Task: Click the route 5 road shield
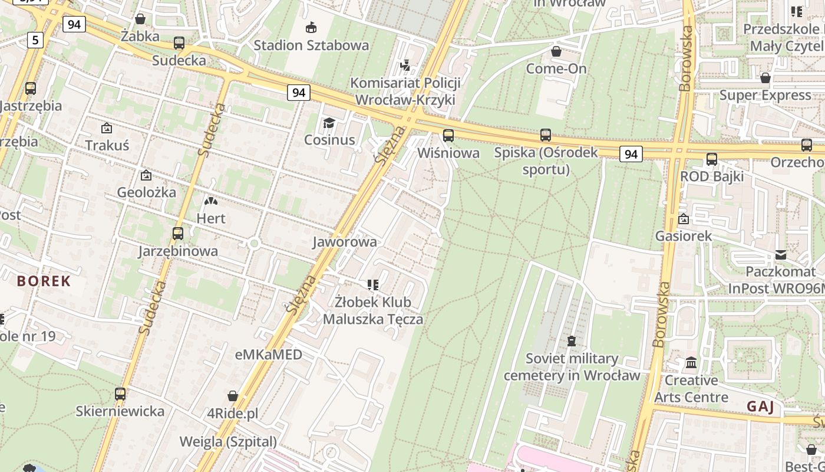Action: click(x=36, y=40)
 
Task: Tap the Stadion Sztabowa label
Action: click(x=311, y=45)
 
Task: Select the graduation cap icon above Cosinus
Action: click(x=329, y=123)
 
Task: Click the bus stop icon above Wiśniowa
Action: click(x=448, y=136)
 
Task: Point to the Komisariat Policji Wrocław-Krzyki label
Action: click(x=405, y=91)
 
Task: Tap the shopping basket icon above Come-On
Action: click(x=556, y=52)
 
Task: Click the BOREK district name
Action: click(x=44, y=281)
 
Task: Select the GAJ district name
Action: click(x=760, y=407)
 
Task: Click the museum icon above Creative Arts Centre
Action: click(x=691, y=362)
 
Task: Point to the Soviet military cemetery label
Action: click(x=572, y=367)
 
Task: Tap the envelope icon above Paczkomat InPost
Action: click(x=781, y=255)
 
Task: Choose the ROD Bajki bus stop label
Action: click(x=712, y=176)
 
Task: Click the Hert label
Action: click(x=211, y=218)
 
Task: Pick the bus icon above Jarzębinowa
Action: click(x=178, y=234)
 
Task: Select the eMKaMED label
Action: click(x=269, y=355)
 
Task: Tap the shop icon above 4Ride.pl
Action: click(x=233, y=396)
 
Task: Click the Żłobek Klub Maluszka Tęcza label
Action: click(x=373, y=311)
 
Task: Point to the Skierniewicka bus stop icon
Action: click(x=120, y=394)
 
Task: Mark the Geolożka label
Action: click(x=146, y=192)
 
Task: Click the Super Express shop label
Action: click(x=765, y=95)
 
